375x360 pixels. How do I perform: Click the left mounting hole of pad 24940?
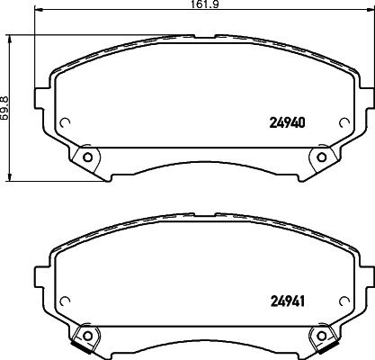(87, 157)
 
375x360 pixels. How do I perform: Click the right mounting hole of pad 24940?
(321, 157)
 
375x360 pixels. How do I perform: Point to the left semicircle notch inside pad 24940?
(65, 124)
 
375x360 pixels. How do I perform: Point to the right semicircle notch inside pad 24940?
(344, 124)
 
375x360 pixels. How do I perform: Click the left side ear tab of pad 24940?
(40, 97)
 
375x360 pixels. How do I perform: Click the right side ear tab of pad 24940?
(367, 97)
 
